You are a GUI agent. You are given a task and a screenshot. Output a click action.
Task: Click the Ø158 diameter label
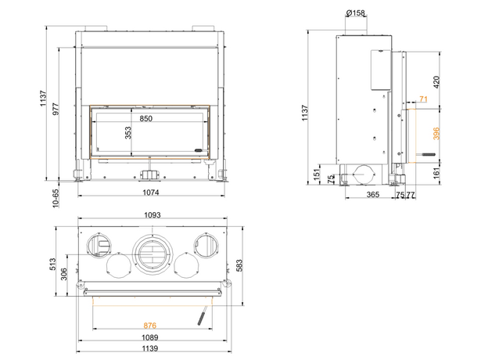click(355, 13)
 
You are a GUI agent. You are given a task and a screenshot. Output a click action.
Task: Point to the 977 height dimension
click(56, 110)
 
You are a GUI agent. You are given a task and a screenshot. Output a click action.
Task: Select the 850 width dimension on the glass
click(146, 119)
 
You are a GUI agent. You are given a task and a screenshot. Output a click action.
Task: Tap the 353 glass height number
click(128, 133)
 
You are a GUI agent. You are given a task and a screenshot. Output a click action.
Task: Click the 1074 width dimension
click(151, 193)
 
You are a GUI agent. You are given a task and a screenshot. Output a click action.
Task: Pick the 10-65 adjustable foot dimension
click(56, 198)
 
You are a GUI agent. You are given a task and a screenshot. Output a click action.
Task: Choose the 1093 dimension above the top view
click(152, 215)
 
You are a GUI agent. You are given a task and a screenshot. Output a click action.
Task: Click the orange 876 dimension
click(149, 326)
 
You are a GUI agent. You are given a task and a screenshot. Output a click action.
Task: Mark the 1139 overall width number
click(150, 348)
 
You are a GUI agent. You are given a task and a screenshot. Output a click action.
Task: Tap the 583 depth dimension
click(239, 265)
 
